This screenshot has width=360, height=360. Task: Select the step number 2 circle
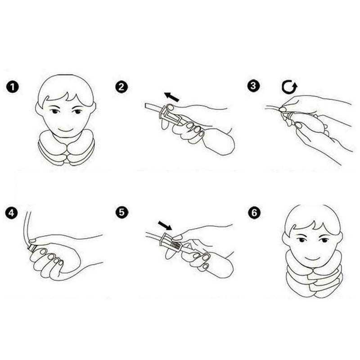120,86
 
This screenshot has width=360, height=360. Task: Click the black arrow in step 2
171,96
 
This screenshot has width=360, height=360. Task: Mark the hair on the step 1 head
66,88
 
